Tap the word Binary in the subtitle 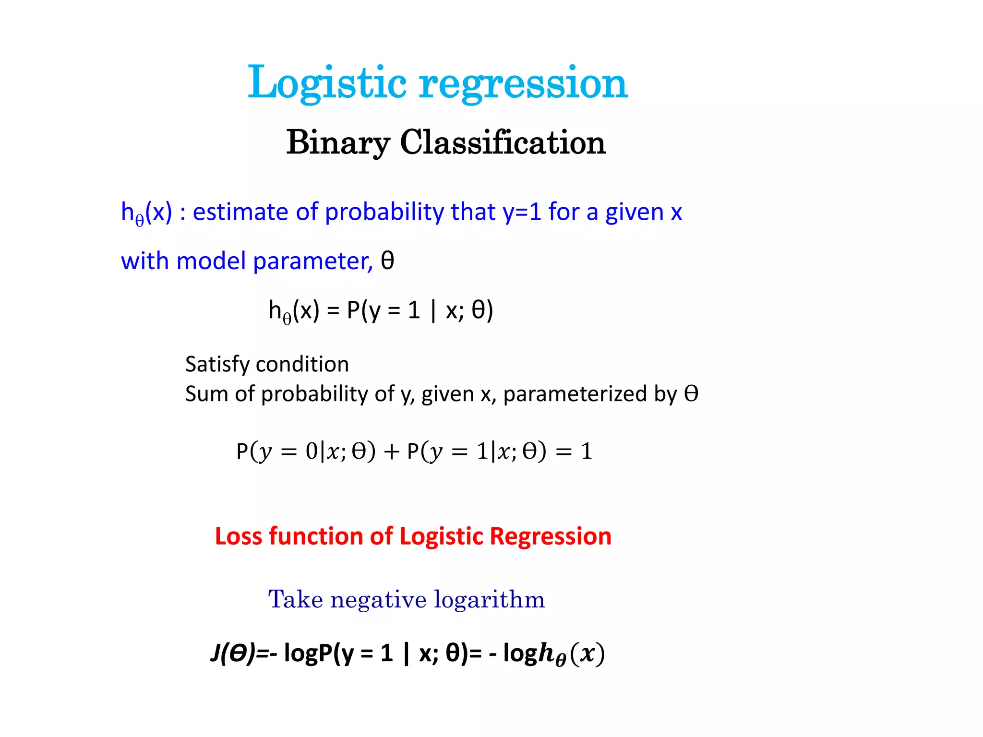(337, 143)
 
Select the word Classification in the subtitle (503, 143)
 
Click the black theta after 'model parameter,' (387, 261)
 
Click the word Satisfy (217, 365)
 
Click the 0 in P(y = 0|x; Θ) (312, 451)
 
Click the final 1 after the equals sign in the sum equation (587, 452)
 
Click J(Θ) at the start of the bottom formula (233, 654)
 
